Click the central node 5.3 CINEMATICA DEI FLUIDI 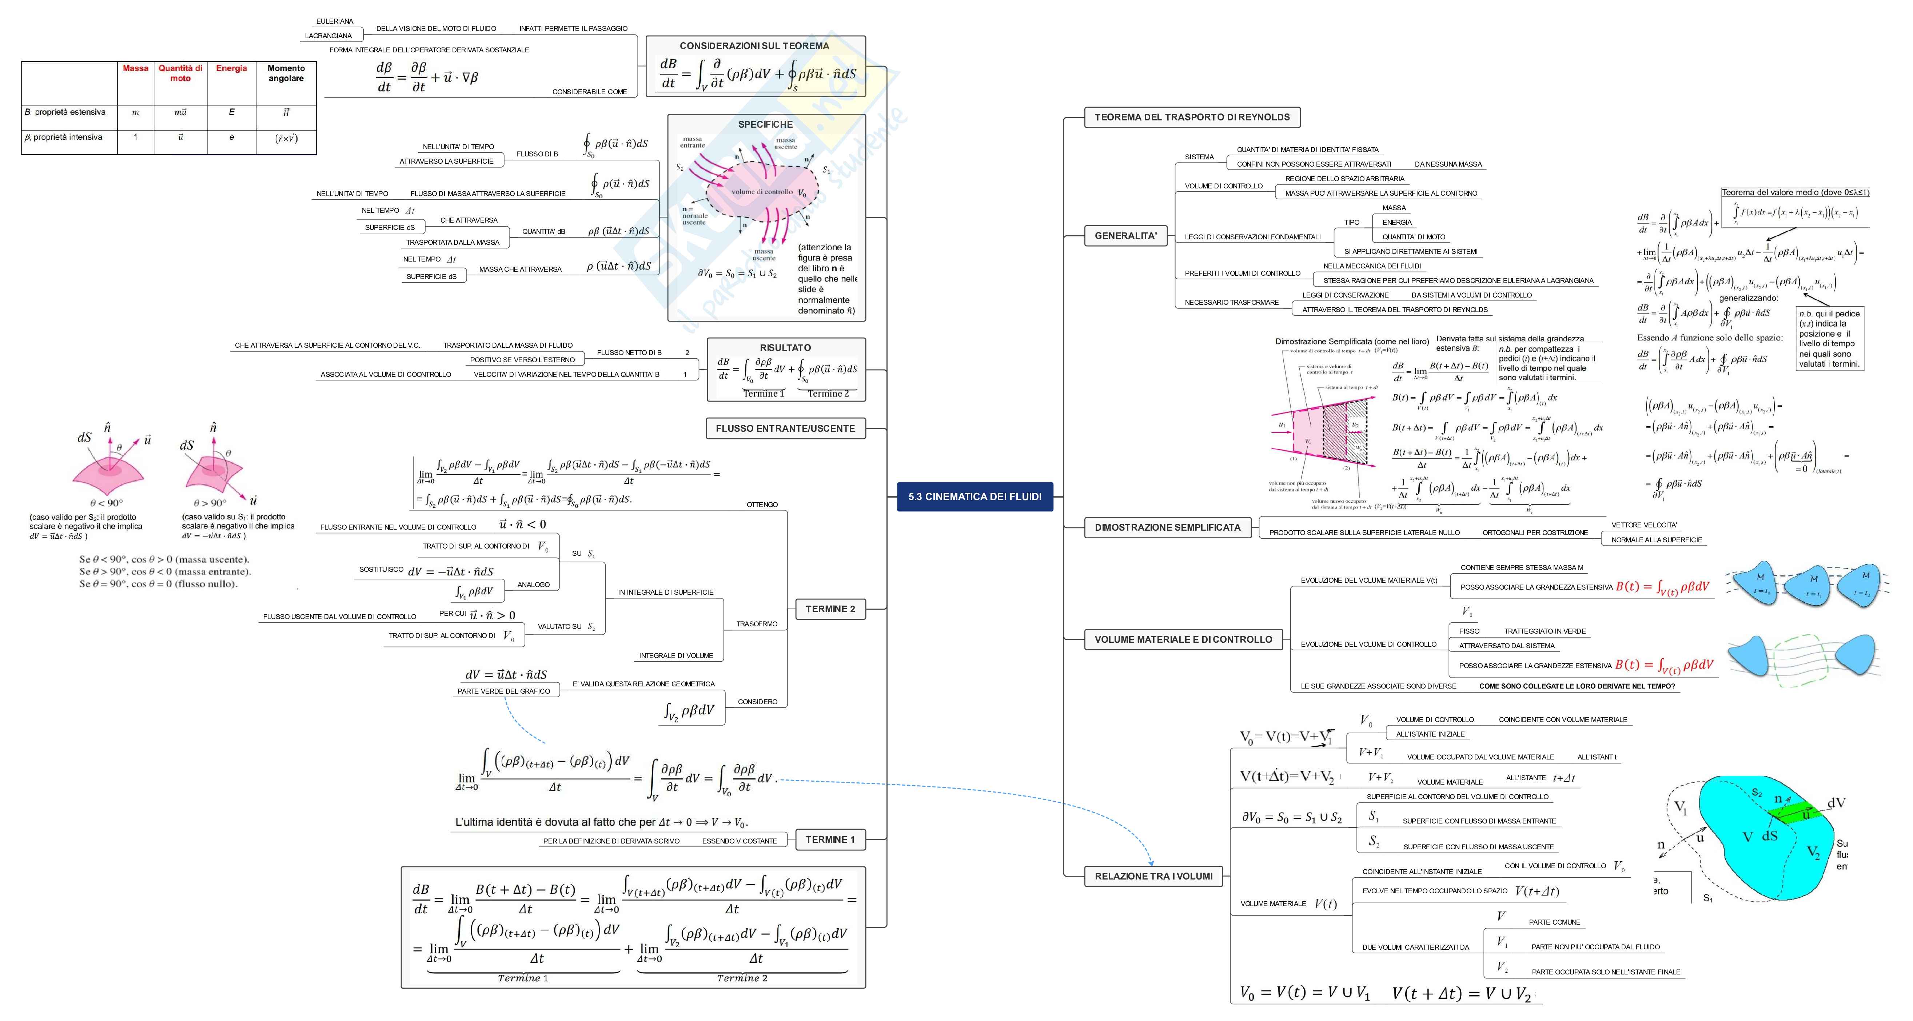point(974,497)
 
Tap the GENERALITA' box point(1125,236)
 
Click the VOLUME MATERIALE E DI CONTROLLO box point(1183,639)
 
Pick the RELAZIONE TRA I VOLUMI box point(1153,876)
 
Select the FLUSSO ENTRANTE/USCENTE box point(785,428)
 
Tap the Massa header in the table point(135,68)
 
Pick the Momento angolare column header point(286,73)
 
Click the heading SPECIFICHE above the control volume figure point(765,125)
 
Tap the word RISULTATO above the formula point(785,347)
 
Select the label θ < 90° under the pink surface point(106,503)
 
